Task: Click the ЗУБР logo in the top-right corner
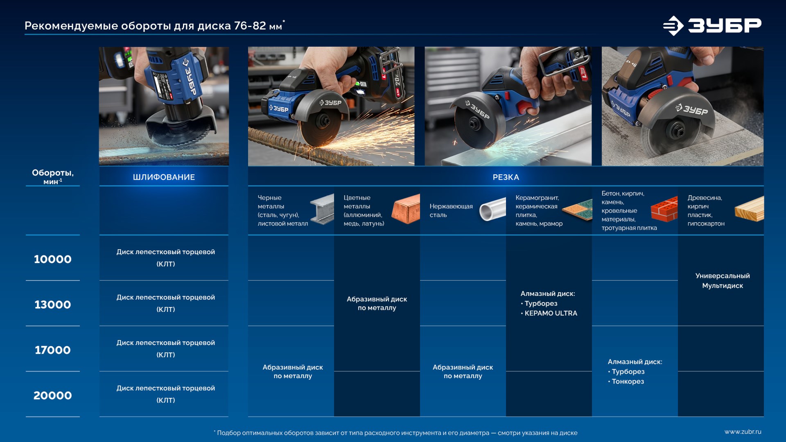click(712, 25)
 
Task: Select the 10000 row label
click(53, 259)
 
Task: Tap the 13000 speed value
click(53, 304)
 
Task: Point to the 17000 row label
click(53, 350)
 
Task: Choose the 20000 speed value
click(53, 395)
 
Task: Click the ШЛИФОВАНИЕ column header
click(164, 177)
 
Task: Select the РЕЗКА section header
click(506, 177)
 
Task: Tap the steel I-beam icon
click(322, 209)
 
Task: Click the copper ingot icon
click(406, 209)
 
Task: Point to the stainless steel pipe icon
click(493, 209)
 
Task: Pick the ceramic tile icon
click(578, 210)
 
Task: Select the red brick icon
click(664, 209)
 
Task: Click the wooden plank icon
click(750, 209)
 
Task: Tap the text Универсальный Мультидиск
click(723, 281)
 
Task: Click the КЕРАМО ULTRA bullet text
click(549, 313)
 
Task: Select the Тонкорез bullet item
click(626, 381)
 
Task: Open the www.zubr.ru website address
click(743, 432)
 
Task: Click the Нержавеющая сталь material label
click(451, 210)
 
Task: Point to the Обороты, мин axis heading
click(53, 177)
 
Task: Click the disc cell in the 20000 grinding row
click(165, 394)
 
